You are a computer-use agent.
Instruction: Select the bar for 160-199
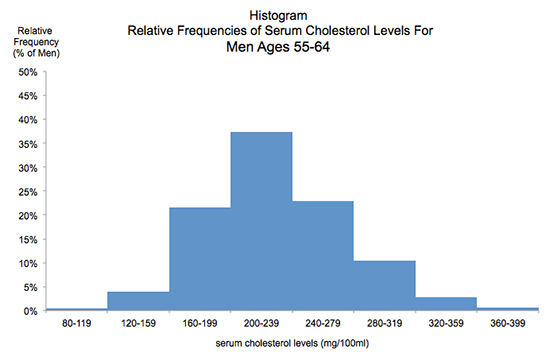click(x=199, y=260)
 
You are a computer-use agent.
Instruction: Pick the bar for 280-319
click(x=384, y=286)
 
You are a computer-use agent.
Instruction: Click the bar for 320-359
click(x=446, y=304)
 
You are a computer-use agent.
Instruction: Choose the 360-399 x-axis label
click(x=508, y=325)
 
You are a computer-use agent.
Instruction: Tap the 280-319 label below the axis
click(x=384, y=325)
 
